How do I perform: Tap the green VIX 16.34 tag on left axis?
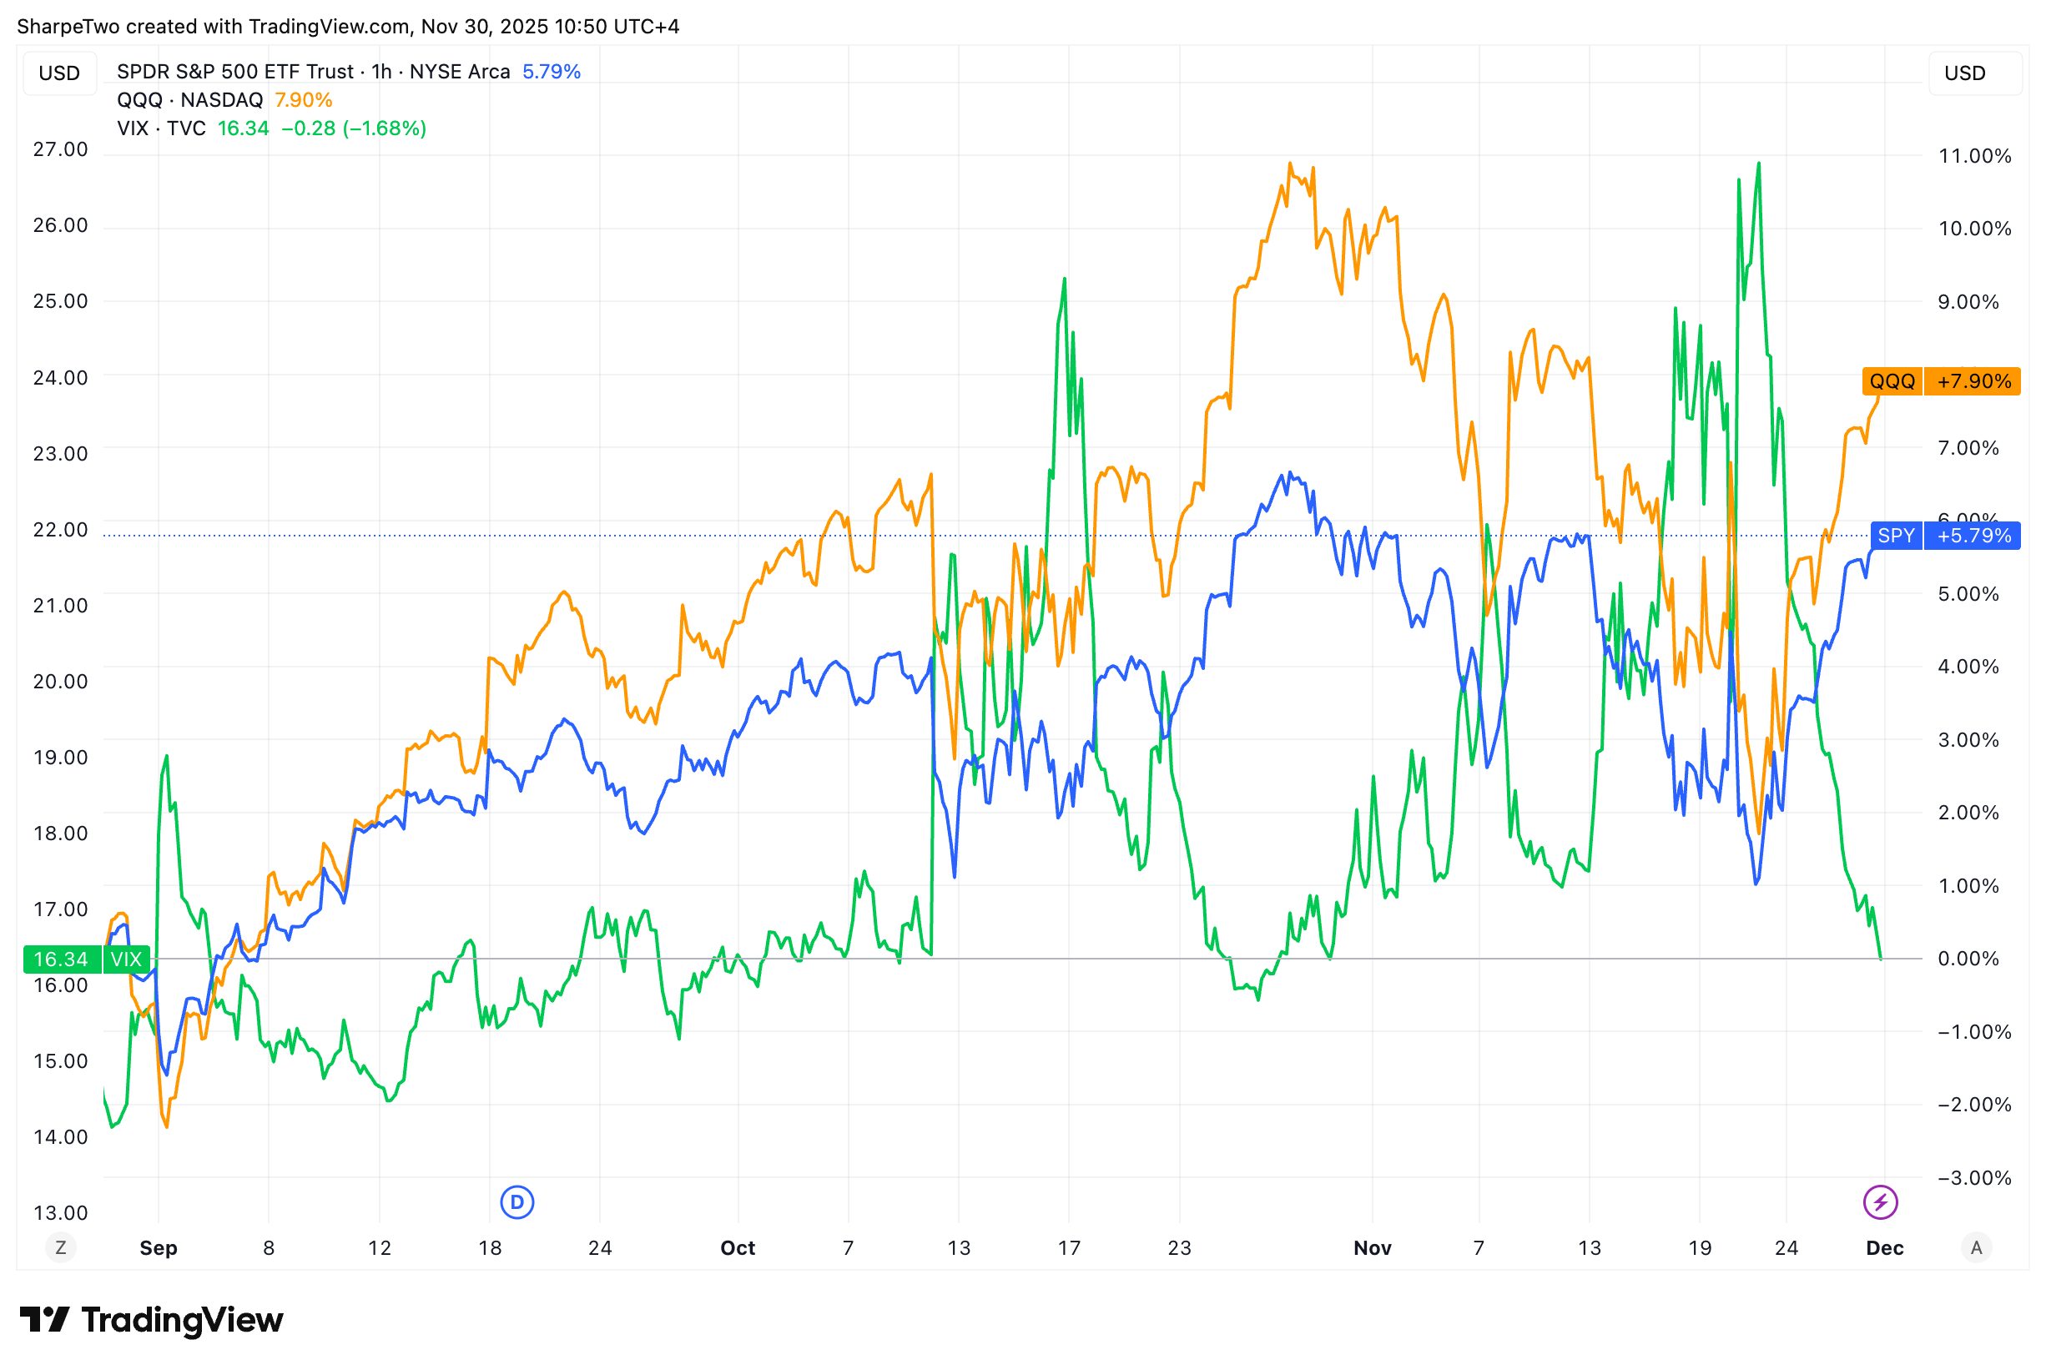[x=86, y=960]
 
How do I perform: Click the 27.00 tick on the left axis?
[x=60, y=149]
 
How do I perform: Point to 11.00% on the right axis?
[x=1974, y=155]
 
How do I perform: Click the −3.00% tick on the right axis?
[x=1973, y=1178]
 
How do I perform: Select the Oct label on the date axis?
[x=738, y=1247]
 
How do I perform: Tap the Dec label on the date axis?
[x=1884, y=1247]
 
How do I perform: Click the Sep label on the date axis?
[x=159, y=1247]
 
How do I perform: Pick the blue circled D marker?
[x=517, y=1202]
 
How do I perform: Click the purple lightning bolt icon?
[x=1880, y=1202]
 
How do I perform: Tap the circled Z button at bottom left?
[x=60, y=1247]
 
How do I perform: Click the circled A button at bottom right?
[x=1976, y=1247]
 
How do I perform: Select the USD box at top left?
[x=59, y=73]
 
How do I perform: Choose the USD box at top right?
[x=1965, y=73]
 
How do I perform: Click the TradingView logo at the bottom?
[x=152, y=1320]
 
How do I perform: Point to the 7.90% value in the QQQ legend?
[x=303, y=99]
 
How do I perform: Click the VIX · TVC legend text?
[x=162, y=128]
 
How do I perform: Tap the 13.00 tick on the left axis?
[x=60, y=1213]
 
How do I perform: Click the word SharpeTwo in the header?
[x=68, y=26]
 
